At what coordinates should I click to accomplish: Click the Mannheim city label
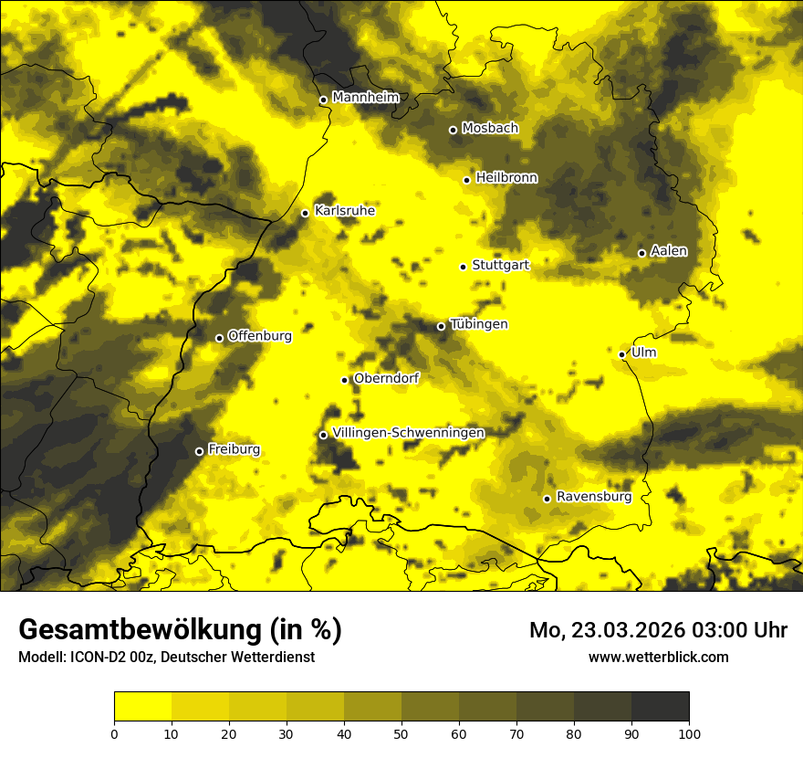[365, 98]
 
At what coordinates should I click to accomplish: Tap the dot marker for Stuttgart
[463, 267]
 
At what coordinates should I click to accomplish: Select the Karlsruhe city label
[344, 211]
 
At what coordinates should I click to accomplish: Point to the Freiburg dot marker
[199, 451]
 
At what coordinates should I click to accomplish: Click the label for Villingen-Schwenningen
[408, 433]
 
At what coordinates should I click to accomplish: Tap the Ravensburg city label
[593, 497]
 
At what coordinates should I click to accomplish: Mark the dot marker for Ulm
[621, 354]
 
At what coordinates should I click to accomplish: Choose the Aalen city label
[668, 251]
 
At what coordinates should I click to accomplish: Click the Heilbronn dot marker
[466, 180]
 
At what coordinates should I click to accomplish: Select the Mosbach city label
[489, 129]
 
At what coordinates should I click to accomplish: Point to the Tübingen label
[478, 324]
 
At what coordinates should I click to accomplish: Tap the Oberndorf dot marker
[344, 380]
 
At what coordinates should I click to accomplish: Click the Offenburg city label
[259, 336]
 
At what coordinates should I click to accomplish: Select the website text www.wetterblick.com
[658, 657]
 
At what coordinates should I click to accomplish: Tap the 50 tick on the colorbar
[401, 732]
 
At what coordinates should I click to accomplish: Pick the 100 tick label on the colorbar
[689, 732]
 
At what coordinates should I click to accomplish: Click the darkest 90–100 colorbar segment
[660, 706]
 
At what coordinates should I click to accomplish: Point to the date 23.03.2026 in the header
[628, 630]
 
